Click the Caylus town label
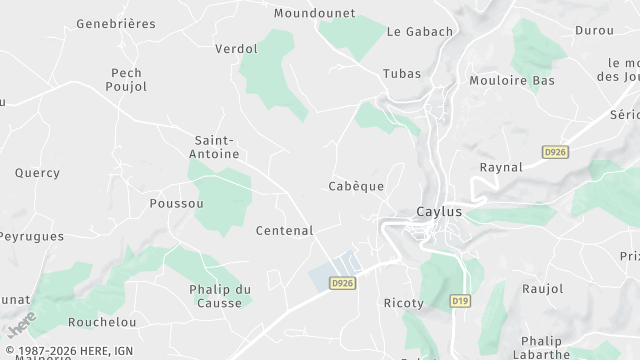click(x=439, y=212)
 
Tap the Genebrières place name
click(x=116, y=23)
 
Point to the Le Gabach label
click(x=419, y=31)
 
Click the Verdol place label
click(x=236, y=48)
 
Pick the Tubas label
click(x=402, y=74)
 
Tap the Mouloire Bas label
click(x=511, y=80)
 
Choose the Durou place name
click(x=594, y=30)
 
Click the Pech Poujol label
click(x=127, y=80)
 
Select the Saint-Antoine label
click(x=215, y=147)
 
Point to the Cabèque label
click(x=356, y=186)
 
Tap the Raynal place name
click(x=501, y=167)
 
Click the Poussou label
click(x=176, y=203)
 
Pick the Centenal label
click(x=284, y=230)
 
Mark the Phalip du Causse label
click(x=220, y=296)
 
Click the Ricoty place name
click(x=404, y=303)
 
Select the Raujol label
click(x=543, y=288)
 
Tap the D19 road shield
click(x=460, y=300)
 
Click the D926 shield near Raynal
click(x=555, y=152)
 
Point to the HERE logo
click(x=21, y=324)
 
